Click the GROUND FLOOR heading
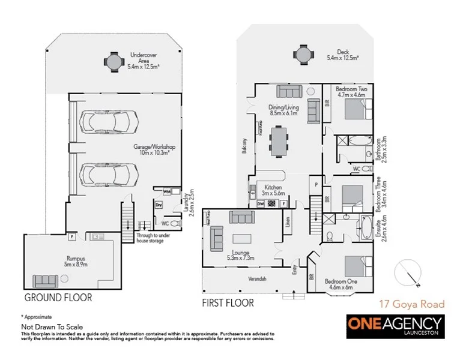[x=58, y=297]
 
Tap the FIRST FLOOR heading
[x=228, y=302]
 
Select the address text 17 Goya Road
[x=410, y=304]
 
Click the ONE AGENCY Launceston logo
[x=396, y=325]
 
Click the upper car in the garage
[x=113, y=122]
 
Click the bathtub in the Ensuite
[x=365, y=229]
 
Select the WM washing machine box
[x=166, y=191]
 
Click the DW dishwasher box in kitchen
[x=261, y=204]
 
